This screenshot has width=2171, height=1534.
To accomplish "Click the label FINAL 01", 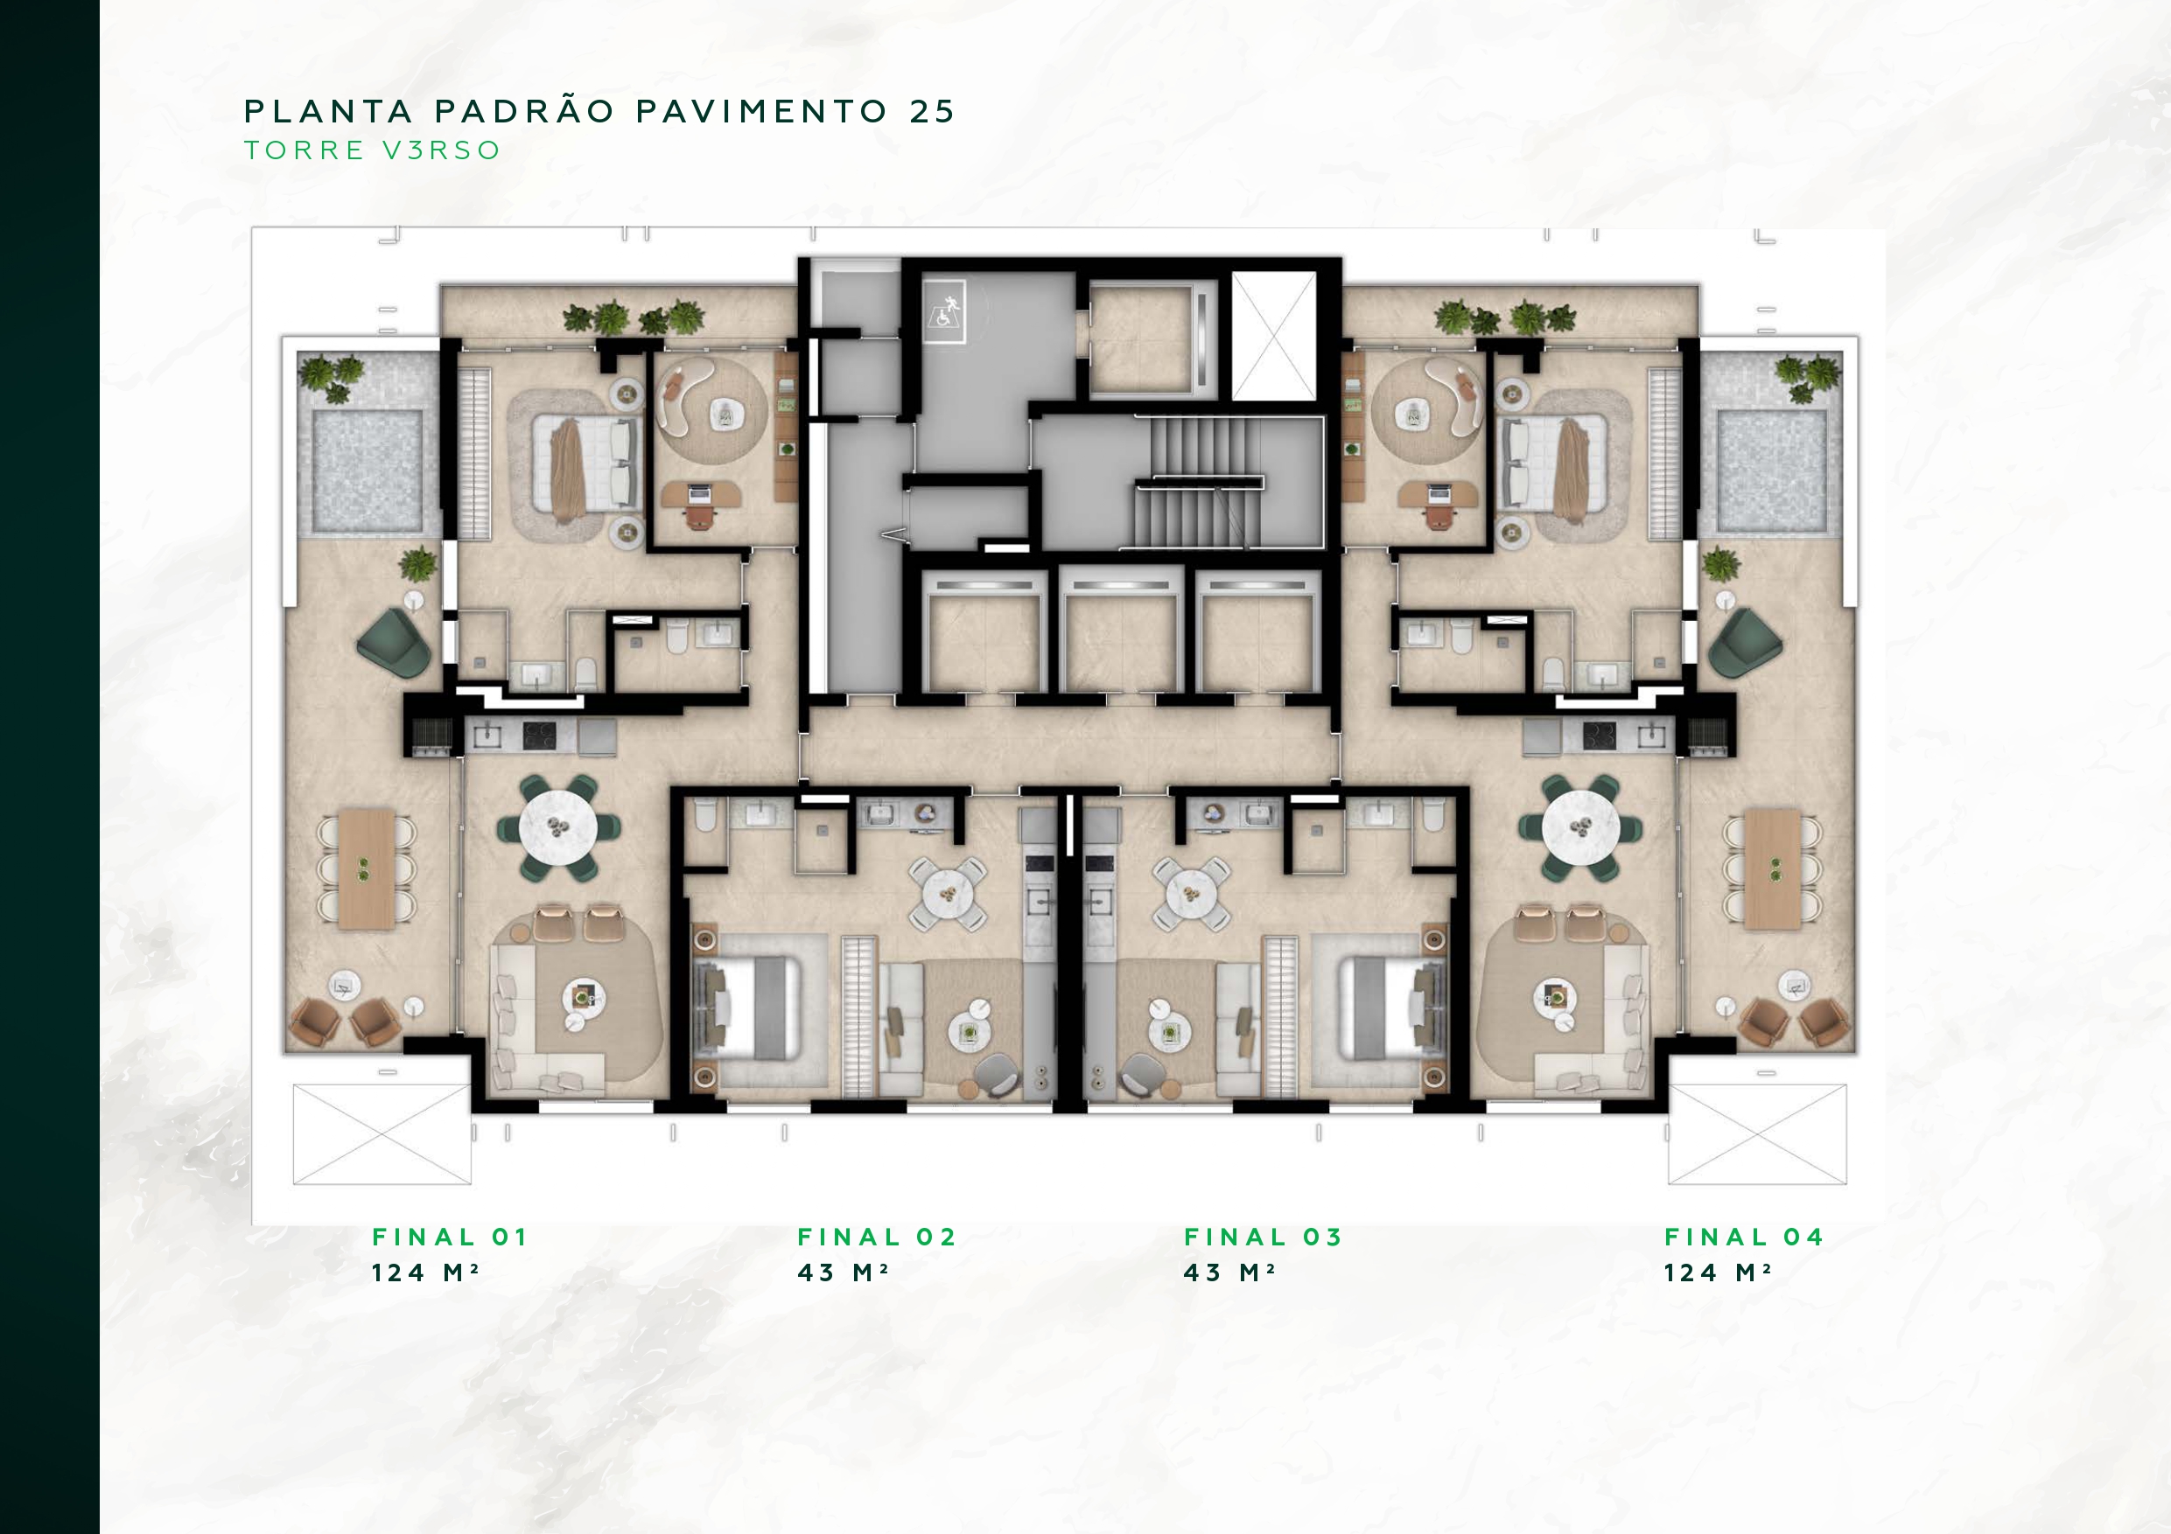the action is (x=449, y=1237).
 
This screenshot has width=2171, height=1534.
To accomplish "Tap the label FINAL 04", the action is (x=1744, y=1237).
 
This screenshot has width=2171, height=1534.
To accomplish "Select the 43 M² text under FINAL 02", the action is (x=843, y=1273).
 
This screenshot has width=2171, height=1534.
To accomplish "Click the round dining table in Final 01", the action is (x=559, y=828).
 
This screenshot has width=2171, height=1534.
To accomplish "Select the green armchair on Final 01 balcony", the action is (x=396, y=643).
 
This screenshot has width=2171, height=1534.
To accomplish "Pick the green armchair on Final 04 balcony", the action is (x=1746, y=643).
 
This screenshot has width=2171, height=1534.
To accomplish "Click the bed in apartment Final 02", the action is (x=747, y=1008).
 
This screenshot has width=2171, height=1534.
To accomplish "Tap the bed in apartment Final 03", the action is (x=1394, y=1008).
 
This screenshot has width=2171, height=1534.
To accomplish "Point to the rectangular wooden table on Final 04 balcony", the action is (x=1772, y=868).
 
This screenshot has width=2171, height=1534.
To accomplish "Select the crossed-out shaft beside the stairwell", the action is (x=1274, y=336).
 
